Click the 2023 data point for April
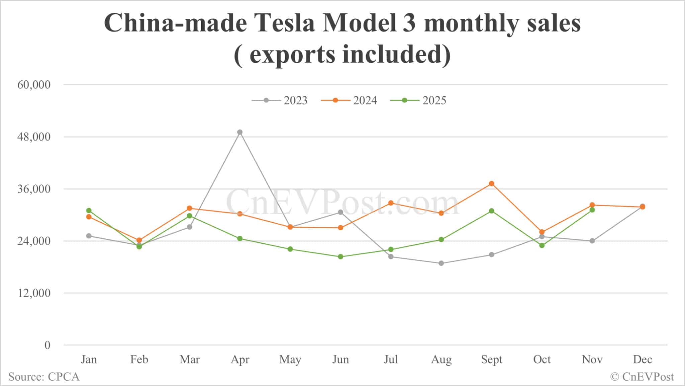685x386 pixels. [x=240, y=132]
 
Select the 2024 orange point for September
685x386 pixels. [x=491, y=183]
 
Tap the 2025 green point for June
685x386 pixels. [x=340, y=257]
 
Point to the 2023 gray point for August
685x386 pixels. [x=441, y=263]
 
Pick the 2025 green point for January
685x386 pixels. [x=89, y=211]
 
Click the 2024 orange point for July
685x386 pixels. [x=391, y=203]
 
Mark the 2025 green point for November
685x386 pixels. [x=592, y=210]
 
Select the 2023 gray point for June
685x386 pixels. [x=340, y=212]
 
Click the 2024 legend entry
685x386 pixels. [x=349, y=100]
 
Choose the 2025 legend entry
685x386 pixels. [x=418, y=100]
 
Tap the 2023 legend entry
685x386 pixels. [x=280, y=100]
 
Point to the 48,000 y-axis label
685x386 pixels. [x=34, y=137]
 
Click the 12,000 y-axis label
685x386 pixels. [x=34, y=293]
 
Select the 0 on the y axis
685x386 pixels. [x=47, y=345]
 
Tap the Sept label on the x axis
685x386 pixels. [x=491, y=360]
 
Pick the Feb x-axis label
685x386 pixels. [x=139, y=360]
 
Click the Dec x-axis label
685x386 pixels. [x=643, y=360]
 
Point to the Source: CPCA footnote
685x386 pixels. [x=44, y=377]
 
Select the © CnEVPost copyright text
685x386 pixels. [x=642, y=377]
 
